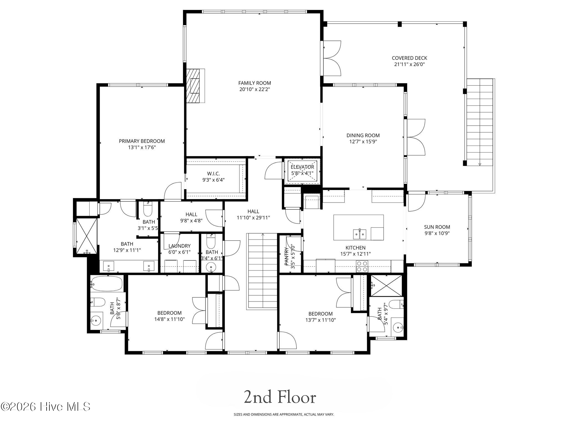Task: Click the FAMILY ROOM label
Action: click(254, 83)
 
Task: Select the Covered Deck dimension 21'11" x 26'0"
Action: click(409, 64)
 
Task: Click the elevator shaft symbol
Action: click(302, 171)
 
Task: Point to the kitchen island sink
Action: click(360, 234)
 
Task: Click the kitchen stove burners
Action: click(362, 266)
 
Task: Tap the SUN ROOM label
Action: click(437, 227)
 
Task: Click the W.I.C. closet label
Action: click(213, 174)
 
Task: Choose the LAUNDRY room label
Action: click(179, 246)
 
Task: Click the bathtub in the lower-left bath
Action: click(107, 283)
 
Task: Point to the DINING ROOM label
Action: click(363, 135)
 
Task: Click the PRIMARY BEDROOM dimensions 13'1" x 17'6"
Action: click(142, 147)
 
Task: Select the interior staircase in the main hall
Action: click(262, 272)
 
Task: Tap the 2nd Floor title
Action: click(280, 397)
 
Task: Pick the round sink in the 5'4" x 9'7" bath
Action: click(398, 328)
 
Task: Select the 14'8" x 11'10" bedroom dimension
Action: click(169, 319)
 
